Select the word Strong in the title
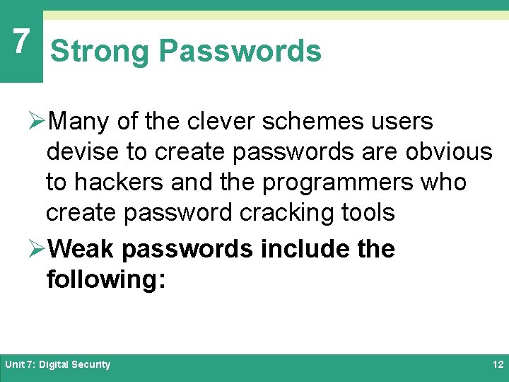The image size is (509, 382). coord(100,52)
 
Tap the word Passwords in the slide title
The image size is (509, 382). coord(240,52)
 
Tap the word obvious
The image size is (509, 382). coord(449,152)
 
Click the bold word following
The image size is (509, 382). coord(105,279)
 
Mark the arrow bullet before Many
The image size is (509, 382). coord(41,122)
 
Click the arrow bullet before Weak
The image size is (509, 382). coord(41,249)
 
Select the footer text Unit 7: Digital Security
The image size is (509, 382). coord(58,364)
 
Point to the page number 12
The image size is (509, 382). coord(497,364)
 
